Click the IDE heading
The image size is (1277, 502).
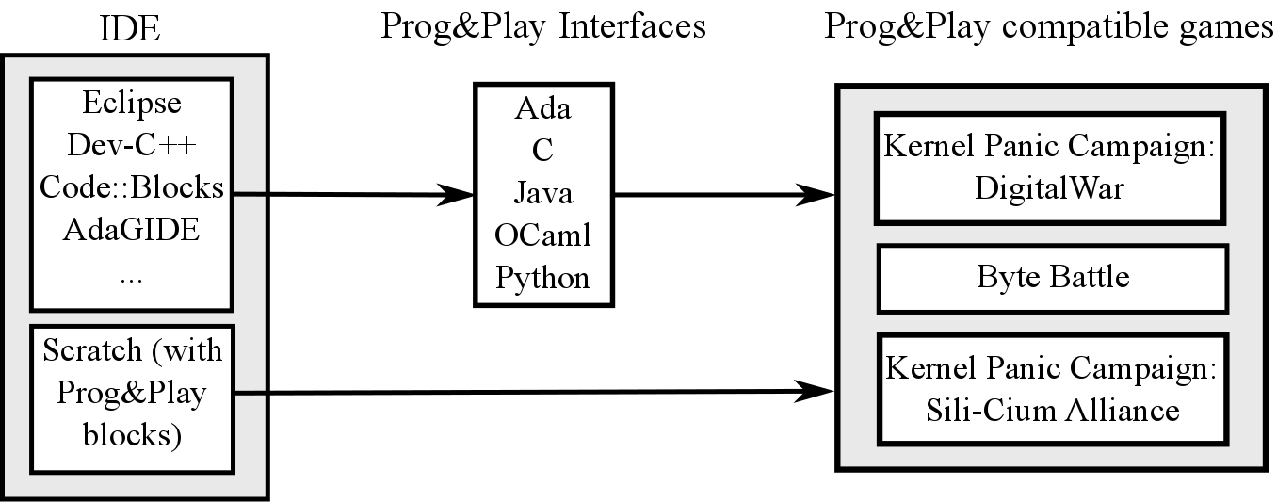pyautogui.click(x=130, y=28)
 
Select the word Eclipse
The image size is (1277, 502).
pyautogui.click(x=132, y=104)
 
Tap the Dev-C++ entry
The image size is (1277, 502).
pyautogui.click(x=132, y=145)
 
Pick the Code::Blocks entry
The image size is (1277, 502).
pyautogui.click(x=132, y=187)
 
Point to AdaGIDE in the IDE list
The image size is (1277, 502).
pyautogui.click(x=132, y=229)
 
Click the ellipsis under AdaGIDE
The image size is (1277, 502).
pyautogui.click(x=132, y=280)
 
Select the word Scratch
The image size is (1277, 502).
pyautogui.click(x=92, y=349)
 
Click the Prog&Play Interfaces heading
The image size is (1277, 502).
pyautogui.click(x=543, y=26)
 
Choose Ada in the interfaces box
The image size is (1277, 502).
pyautogui.click(x=542, y=107)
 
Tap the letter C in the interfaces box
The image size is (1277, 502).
pyautogui.click(x=542, y=150)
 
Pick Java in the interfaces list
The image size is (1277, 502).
pyautogui.click(x=543, y=192)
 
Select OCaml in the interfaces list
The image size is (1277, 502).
pyautogui.click(x=542, y=235)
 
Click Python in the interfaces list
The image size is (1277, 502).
pyautogui.click(x=542, y=279)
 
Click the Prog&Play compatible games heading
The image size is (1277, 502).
pyautogui.click(x=1048, y=26)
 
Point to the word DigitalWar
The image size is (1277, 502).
pyautogui.click(x=1049, y=187)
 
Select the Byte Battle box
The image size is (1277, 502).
pyautogui.click(x=1052, y=279)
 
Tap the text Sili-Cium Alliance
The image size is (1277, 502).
pyautogui.click(x=1052, y=410)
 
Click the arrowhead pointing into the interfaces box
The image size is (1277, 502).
pyautogui.click(x=456, y=195)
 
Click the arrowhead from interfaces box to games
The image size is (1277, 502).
pyautogui.click(x=816, y=195)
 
